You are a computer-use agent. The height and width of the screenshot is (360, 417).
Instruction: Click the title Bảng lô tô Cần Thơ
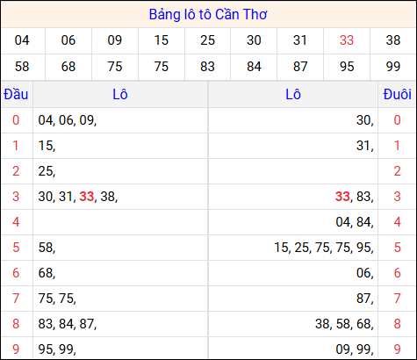pos(208,15)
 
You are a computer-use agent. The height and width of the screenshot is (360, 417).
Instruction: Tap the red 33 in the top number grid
pos(347,40)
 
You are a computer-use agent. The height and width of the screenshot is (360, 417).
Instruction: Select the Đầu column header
pos(16,94)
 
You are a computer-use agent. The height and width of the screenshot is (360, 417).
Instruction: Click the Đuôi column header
pos(397,94)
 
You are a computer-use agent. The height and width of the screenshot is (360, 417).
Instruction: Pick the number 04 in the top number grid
pos(23,40)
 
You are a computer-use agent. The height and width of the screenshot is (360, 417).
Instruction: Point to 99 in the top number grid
pos(393,67)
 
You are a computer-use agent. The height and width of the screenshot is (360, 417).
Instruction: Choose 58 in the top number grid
pos(23,67)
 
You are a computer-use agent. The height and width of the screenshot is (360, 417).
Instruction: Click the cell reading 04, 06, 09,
pos(67,120)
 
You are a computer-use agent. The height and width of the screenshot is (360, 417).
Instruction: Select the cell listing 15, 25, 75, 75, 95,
pos(323,248)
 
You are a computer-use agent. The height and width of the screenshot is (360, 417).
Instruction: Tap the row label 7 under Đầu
pos(16,299)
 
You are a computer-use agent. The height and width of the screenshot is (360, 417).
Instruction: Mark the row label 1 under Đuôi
pos(397,146)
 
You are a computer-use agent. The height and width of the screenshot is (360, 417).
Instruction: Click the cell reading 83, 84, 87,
pos(67,324)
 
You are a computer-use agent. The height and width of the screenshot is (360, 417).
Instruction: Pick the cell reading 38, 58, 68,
pos(344,324)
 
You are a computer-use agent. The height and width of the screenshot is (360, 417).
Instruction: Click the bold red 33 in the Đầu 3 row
pos(87,197)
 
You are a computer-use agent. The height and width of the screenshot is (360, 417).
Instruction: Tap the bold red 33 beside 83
pos(343,197)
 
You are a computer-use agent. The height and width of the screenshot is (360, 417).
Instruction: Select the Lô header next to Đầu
pos(120,94)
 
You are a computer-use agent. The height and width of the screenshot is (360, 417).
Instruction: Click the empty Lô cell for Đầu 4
pos(120,222)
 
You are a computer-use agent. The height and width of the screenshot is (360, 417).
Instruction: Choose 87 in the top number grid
pos(300,67)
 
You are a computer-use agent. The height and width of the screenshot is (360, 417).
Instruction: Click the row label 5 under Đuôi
pos(397,248)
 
